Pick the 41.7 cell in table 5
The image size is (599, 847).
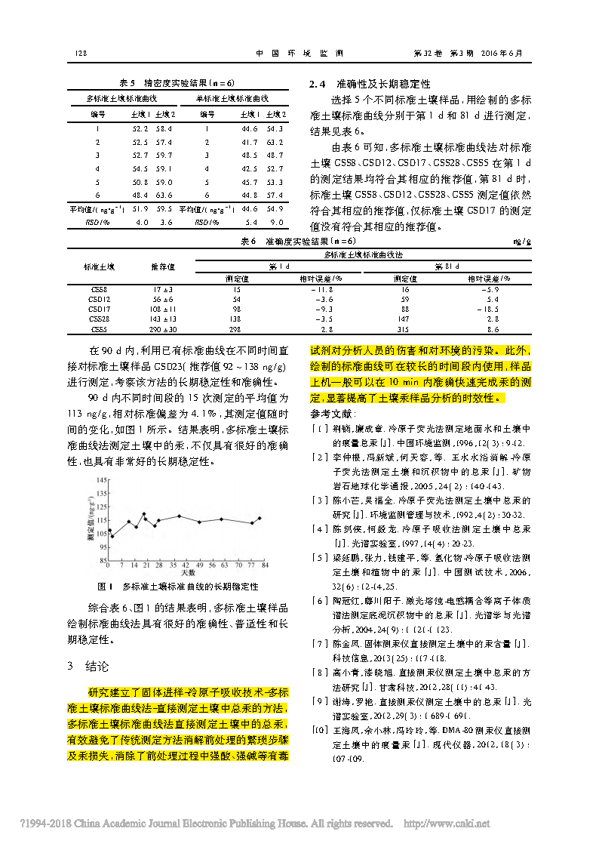(x=250, y=142)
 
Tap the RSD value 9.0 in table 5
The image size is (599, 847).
(x=278, y=223)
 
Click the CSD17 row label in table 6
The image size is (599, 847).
(x=100, y=309)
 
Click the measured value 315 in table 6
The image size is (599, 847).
(x=405, y=330)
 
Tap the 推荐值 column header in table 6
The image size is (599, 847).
(x=163, y=266)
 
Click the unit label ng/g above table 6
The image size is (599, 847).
(x=522, y=242)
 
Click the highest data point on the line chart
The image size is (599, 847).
(x=144, y=513)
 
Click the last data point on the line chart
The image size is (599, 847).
(x=260, y=518)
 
